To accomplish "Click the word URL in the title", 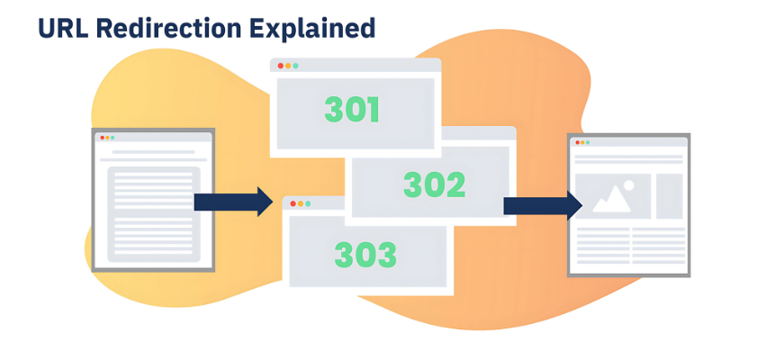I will (62, 28).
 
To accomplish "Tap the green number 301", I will (352, 110).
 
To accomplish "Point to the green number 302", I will (434, 184).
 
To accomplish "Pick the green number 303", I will (364, 255).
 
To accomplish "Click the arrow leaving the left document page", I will (232, 202).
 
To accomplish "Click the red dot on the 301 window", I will (280, 66).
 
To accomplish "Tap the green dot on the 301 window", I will (294, 66).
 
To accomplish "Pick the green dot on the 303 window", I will (307, 203).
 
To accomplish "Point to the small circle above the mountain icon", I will (628, 185).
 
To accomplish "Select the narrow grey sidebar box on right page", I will (669, 195).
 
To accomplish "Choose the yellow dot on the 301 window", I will (287, 66).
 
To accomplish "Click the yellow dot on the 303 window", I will (300, 203).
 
